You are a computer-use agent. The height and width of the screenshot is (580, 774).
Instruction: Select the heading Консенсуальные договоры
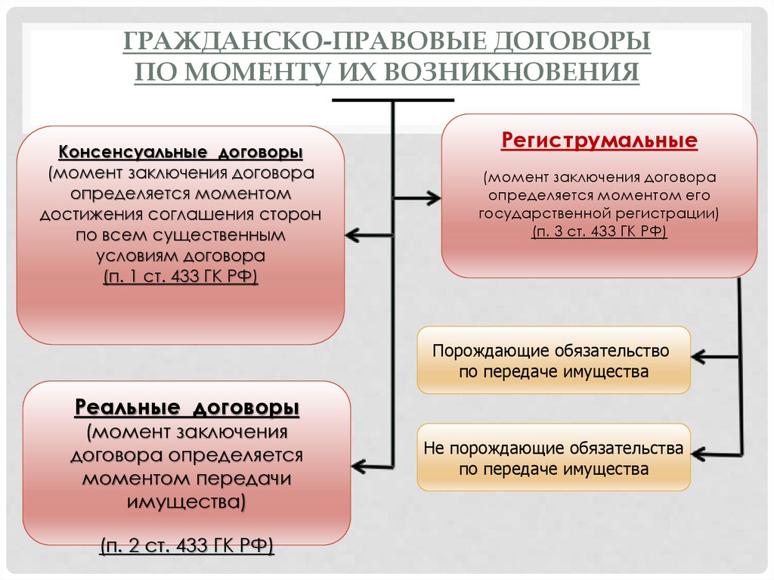point(181,153)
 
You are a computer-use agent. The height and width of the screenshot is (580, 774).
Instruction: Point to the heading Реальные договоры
point(187,408)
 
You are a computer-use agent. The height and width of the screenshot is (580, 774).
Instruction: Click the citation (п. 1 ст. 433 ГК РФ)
point(181,277)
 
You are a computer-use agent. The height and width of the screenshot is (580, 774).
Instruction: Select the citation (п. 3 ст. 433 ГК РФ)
point(599,231)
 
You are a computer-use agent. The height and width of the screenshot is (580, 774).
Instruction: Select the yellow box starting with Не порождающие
point(553,457)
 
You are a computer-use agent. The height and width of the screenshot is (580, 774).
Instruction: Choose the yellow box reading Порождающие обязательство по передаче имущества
point(553,360)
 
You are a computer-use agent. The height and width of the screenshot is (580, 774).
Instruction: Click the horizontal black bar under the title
point(392,99)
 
